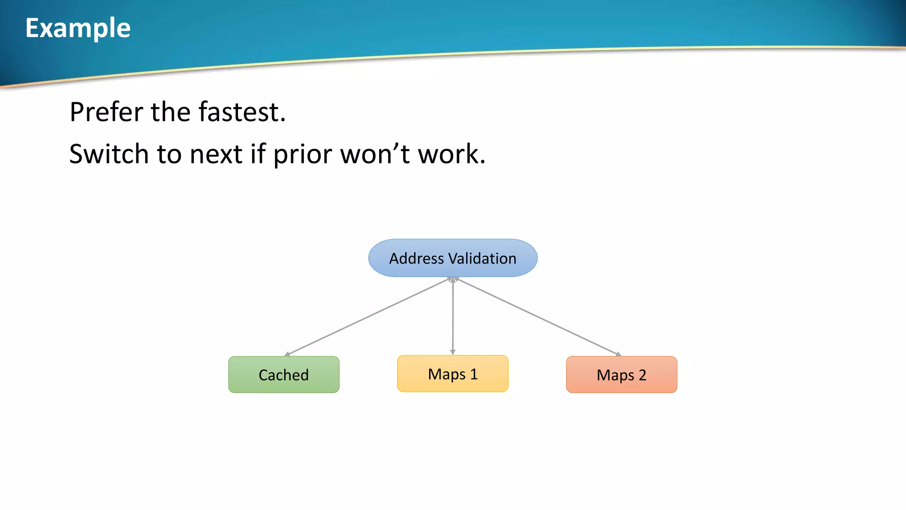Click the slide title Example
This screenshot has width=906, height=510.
(78, 28)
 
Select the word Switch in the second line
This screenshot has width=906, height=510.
(109, 154)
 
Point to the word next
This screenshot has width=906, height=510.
(216, 154)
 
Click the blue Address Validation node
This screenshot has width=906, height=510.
(453, 258)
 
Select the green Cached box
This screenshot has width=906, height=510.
(284, 375)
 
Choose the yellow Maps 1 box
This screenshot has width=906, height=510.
(453, 374)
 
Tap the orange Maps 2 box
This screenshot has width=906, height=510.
(621, 375)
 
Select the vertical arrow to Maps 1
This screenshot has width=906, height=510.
(453, 317)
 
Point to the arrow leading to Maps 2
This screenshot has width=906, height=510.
(537, 317)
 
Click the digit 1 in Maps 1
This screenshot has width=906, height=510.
(474, 375)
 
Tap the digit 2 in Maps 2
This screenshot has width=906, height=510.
(642, 375)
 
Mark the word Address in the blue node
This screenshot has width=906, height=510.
(416, 259)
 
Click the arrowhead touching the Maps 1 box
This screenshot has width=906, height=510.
(453, 352)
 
